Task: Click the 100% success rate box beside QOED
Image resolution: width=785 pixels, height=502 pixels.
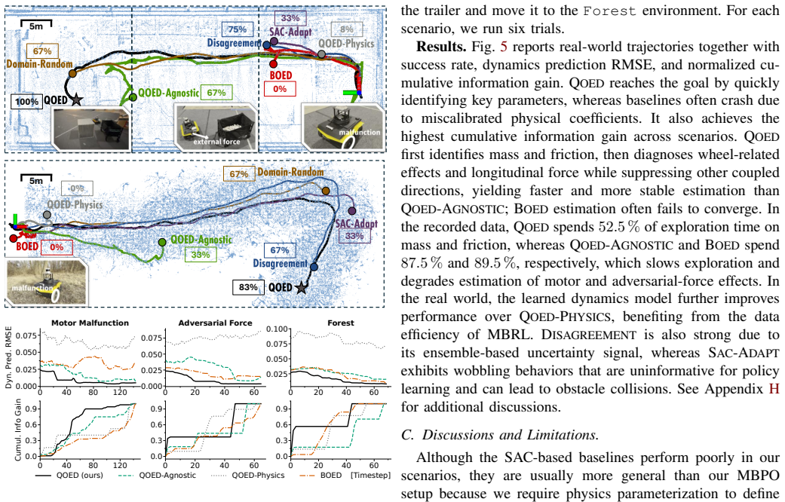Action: [26, 102]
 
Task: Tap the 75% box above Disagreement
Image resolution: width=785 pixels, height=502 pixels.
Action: [237, 29]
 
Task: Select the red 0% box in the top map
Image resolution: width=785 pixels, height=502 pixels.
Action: [280, 89]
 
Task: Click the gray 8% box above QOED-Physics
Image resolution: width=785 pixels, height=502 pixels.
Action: [346, 29]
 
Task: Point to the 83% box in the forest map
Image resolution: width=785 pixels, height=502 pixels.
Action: [248, 287]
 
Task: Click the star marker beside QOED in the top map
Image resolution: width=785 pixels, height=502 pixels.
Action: [76, 99]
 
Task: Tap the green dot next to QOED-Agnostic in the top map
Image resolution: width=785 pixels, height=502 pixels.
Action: [133, 97]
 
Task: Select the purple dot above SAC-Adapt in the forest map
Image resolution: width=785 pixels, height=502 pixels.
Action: [352, 211]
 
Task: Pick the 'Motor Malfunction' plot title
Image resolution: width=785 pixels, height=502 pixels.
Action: [90, 323]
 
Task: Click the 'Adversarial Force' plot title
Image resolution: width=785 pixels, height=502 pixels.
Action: [215, 323]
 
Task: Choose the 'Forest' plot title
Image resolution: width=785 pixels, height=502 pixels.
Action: [340, 323]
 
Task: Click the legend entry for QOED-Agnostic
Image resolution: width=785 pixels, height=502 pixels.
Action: [157, 475]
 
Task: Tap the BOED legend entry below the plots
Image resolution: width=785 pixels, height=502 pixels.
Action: [320, 475]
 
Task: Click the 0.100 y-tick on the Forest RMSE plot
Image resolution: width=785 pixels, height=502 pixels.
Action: [278, 329]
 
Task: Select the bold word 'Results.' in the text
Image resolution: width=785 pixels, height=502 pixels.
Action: [442, 47]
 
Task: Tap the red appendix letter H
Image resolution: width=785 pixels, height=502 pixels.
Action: [774, 389]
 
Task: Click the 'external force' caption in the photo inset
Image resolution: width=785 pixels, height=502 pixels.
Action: [216, 142]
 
